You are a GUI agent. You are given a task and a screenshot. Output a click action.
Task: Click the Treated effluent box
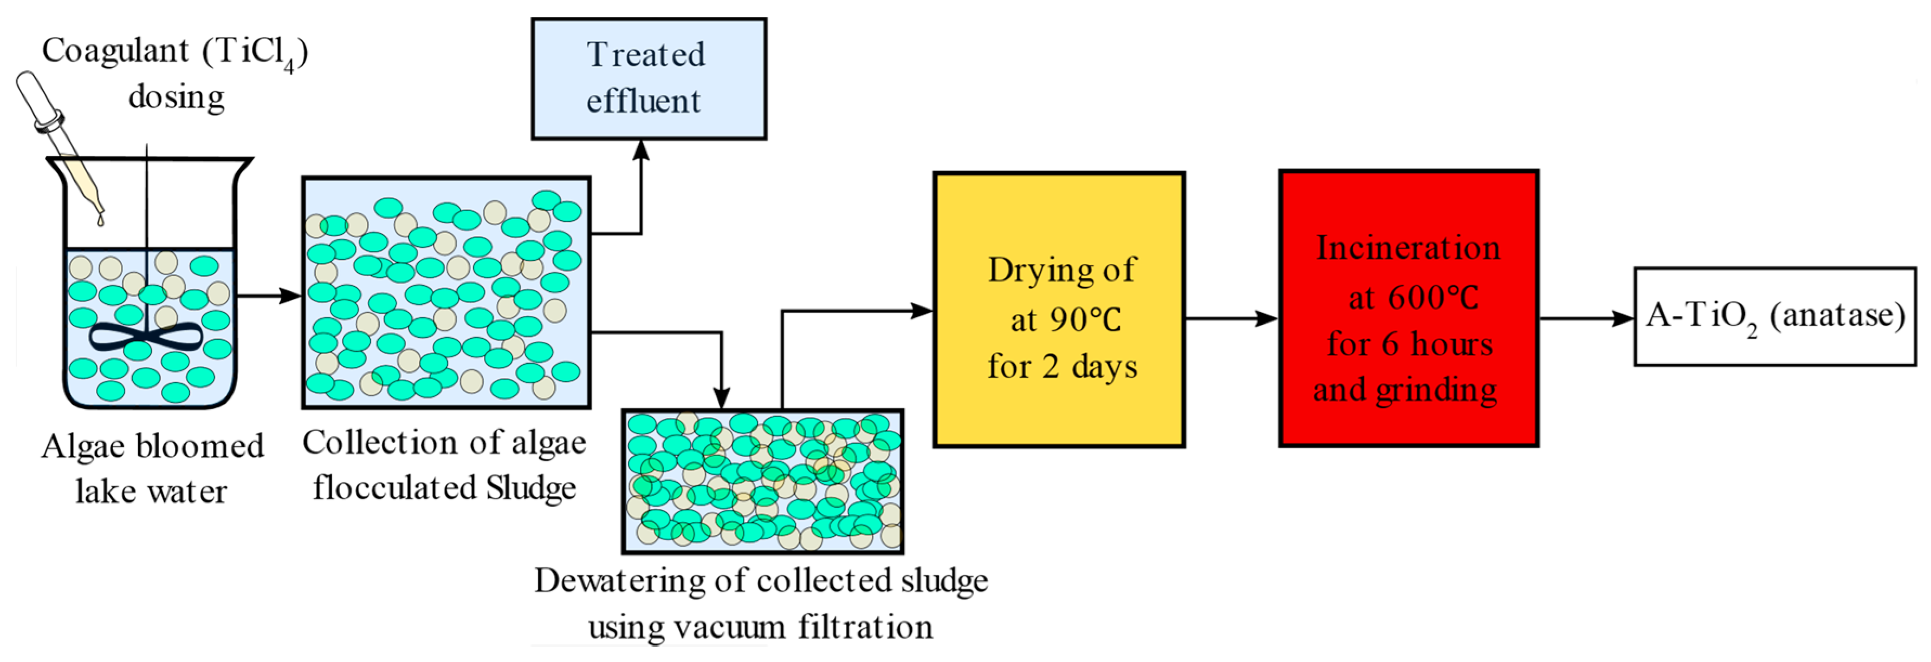click(649, 78)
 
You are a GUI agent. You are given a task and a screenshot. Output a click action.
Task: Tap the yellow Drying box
click(1059, 309)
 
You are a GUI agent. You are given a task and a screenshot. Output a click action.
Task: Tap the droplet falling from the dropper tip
click(100, 220)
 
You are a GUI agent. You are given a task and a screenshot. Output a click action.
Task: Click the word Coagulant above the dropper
click(115, 51)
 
